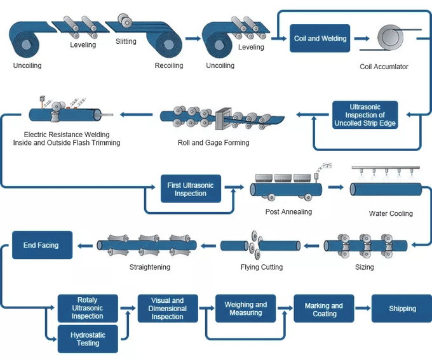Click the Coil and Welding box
[x=320, y=39]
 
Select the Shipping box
[x=402, y=309]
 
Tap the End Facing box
[x=42, y=245]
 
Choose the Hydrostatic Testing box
[x=88, y=338]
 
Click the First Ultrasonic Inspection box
[x=190, y=189]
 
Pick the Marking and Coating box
[x=324, y=309]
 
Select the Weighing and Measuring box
[x=245, y=309]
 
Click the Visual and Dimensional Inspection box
[x=168, y=309]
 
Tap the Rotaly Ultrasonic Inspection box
[x=88, y=308]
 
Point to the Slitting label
[x=126, y=43]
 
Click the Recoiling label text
[x=169, y=65]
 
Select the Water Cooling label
[x=391, y=213]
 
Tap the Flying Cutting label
[x=261, y=267]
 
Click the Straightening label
[x=150, y=267]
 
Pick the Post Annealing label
[x=288, y=211]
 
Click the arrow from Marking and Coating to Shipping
[x=363, y=309]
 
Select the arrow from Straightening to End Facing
[x=84, y=244]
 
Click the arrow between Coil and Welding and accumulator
[x=361, y=39]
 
